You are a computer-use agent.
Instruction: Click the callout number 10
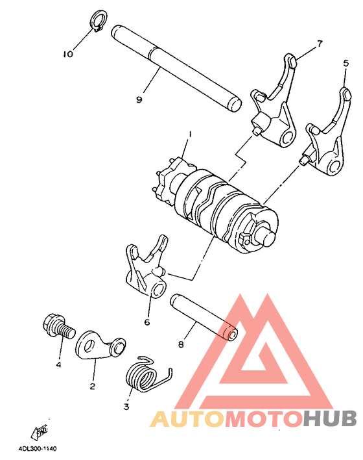click(68, 55)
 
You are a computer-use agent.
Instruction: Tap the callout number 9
click(139, 99)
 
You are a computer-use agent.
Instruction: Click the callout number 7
click(319, 44)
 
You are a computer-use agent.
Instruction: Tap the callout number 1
click(190, 134)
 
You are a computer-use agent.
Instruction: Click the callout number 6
click(147, 322)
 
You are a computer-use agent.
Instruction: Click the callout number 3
click(126, 407)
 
